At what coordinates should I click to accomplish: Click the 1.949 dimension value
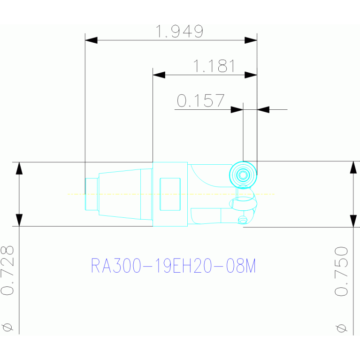(179, 31)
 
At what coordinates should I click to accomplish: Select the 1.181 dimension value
(214, 66)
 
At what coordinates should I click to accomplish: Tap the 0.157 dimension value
(200, 100)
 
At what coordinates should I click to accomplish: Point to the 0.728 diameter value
(7, 270)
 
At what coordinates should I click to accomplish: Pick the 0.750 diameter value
(341, 271)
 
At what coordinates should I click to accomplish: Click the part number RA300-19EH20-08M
(173, 266)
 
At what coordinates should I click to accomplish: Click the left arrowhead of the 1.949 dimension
(91, 40)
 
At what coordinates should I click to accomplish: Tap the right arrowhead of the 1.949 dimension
(251, 40)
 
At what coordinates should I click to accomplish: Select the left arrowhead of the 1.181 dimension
(159, 75)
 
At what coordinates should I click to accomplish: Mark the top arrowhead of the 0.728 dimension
(19, 169)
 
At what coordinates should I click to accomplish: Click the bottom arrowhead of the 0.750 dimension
(353, 221)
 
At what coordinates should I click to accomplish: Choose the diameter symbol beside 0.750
(341, 329)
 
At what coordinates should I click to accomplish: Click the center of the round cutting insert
(243, 175)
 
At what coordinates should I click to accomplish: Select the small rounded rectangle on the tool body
(170, 194)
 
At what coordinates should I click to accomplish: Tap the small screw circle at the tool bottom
(242, 220)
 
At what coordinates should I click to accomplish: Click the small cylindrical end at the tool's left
(92, 194)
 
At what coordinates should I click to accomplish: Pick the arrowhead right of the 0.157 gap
(263, 109)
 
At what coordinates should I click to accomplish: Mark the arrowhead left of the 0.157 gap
(237, 109)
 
